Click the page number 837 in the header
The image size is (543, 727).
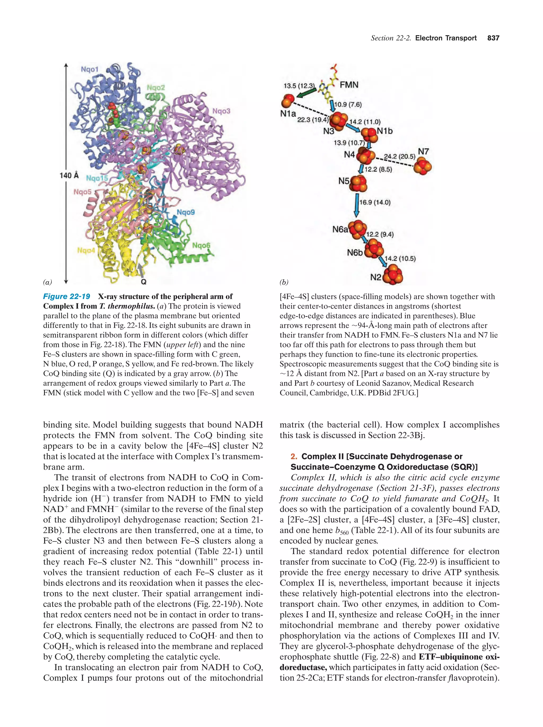pos(493,38)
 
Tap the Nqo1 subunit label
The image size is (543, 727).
pos(89,69)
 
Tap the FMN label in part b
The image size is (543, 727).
pos(349,85)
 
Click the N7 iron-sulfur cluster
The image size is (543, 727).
pos(422,166)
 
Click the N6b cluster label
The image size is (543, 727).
pos(355,253)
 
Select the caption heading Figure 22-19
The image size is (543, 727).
pos(67,297)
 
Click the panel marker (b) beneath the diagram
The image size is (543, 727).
pos(284,282)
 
